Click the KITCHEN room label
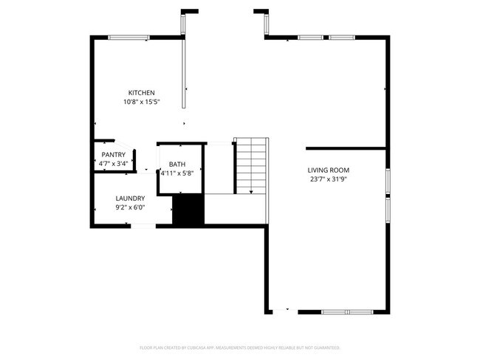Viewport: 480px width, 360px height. click(141, 92)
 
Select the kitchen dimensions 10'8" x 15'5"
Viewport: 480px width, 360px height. click(141, 102)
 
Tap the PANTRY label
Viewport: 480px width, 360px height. click(113, 154)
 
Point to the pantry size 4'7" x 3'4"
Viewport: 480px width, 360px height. click(113, 163)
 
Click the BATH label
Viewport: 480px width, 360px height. click(177, 165)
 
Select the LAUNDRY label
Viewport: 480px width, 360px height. click(130, 198)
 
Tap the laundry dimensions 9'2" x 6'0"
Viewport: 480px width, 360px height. click(130, 208)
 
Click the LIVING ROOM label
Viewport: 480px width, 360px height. click(329, 170)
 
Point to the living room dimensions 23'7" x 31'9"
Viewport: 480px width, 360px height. click(329, 179)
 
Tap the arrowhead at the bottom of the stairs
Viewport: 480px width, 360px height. click(251, 192)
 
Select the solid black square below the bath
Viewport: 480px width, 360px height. click(187, 210)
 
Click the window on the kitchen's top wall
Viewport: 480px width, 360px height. click(129, 38)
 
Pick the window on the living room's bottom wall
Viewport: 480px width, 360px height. click(346, 312)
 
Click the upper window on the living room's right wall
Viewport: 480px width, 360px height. click(388, 181)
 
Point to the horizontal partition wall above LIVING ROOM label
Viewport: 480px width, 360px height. click(346, 148)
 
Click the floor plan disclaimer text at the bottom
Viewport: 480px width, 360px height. click(240, 347)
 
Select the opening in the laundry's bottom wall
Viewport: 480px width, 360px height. click(143, 226)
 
